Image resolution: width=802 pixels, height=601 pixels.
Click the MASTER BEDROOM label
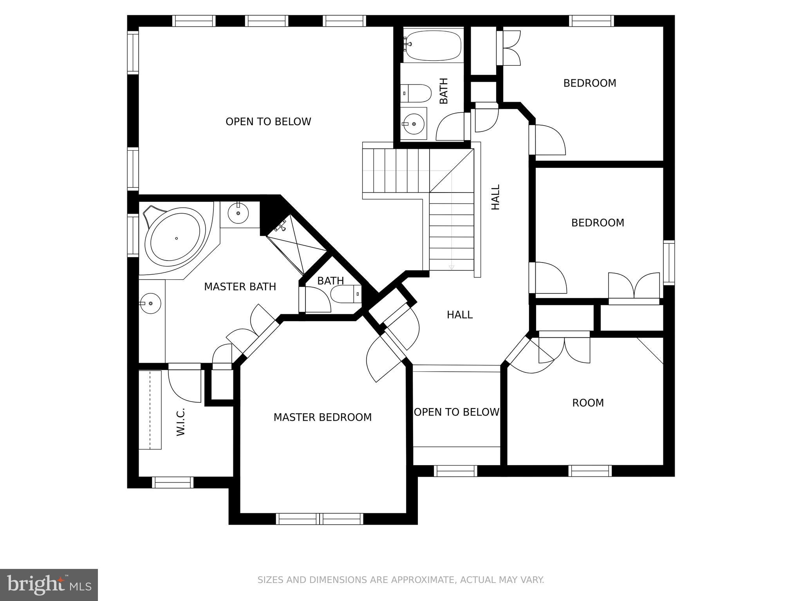(322, 417)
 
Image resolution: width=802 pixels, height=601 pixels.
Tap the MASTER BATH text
(240, 287)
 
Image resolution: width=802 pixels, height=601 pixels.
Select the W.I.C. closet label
(181, 422)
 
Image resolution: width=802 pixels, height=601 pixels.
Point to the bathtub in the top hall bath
(433, 46)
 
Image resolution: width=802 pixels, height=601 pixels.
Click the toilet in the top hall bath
(416, 93)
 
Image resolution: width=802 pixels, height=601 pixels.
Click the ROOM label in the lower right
(588, 403)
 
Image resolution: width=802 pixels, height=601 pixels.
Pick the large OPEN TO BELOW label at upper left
(268, 122)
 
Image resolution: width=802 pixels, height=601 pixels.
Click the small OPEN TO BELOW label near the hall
(457, 412)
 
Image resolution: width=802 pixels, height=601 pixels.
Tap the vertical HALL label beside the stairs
(496, 197)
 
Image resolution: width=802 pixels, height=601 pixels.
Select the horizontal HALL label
(460, 315)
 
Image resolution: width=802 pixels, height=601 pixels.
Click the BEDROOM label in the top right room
(590, 83)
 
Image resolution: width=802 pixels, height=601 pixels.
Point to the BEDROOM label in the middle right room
(598, 223)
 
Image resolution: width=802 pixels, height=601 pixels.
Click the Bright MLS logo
(49, 584)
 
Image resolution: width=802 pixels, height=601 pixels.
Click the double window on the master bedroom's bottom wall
(320, 519)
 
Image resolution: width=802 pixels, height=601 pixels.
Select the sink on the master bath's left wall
(151, 303)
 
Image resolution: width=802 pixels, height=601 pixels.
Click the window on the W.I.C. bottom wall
(173, 482)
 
